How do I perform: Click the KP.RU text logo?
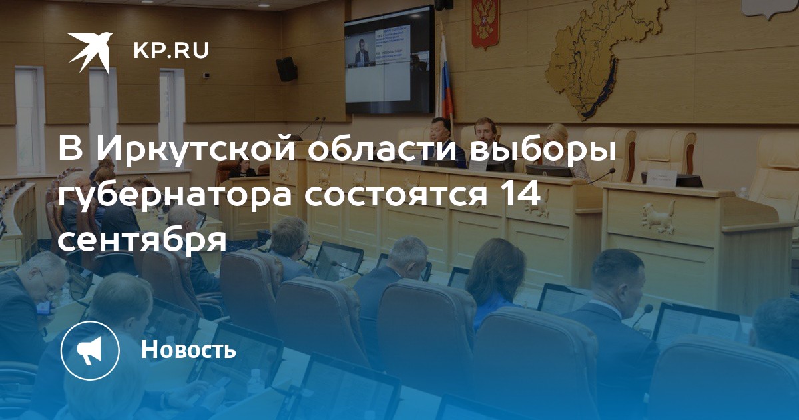coord(171,51)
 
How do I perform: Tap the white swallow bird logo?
coord(90,51)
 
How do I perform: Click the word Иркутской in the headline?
coord(196,150)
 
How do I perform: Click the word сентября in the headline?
coord(142,240)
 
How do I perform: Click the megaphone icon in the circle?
coord(90,350)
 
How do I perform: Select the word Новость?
coord(188,349)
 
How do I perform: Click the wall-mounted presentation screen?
coord(390,60)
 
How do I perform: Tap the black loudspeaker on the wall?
coord(287,69)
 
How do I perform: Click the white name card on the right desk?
coord(662,177)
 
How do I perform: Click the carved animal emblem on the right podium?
coord(659,217)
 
